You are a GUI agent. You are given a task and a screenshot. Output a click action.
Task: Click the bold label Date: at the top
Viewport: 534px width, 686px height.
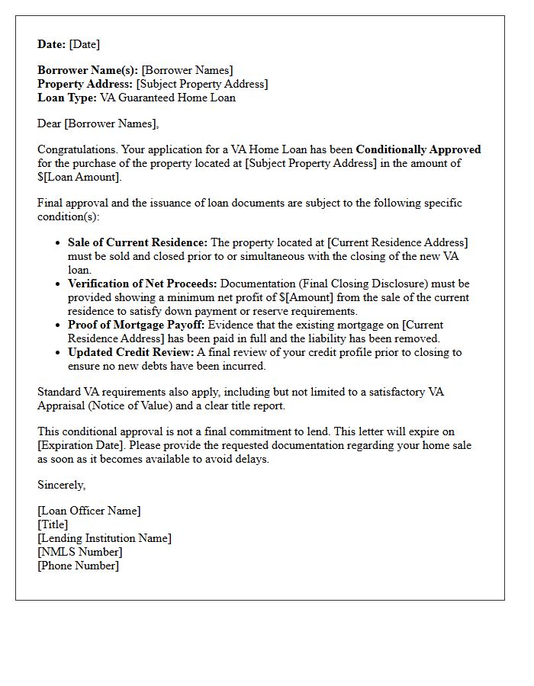point(52,44)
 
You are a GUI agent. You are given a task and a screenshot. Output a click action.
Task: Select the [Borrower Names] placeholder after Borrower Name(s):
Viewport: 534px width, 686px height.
point(187,70)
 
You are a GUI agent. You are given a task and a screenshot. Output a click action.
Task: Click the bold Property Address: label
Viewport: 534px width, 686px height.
point(85,84)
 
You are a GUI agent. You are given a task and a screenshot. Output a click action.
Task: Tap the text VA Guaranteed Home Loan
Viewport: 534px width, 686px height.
point(168,98)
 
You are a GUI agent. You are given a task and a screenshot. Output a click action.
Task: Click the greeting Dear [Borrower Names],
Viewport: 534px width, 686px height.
point(98,123)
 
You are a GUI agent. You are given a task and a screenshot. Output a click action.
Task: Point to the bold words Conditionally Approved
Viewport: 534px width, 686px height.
point(418,149)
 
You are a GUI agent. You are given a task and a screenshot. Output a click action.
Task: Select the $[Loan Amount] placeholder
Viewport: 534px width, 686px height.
point(79,177)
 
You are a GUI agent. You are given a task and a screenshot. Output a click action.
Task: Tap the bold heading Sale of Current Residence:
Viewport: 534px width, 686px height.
point(137,242)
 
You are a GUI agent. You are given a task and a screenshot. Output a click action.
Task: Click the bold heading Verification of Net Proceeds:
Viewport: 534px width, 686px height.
point(143,284)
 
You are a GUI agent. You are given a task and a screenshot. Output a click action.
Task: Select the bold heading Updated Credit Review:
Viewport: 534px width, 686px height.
point(131,352)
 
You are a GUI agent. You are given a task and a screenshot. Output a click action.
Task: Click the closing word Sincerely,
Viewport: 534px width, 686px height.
point(62,485)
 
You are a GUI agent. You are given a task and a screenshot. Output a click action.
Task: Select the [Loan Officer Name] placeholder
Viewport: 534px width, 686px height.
point(89,511)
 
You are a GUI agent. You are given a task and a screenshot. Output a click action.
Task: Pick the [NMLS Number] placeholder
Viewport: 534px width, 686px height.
point(79,552)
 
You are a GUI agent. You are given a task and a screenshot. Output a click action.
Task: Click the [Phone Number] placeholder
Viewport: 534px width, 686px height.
point(78,566)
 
